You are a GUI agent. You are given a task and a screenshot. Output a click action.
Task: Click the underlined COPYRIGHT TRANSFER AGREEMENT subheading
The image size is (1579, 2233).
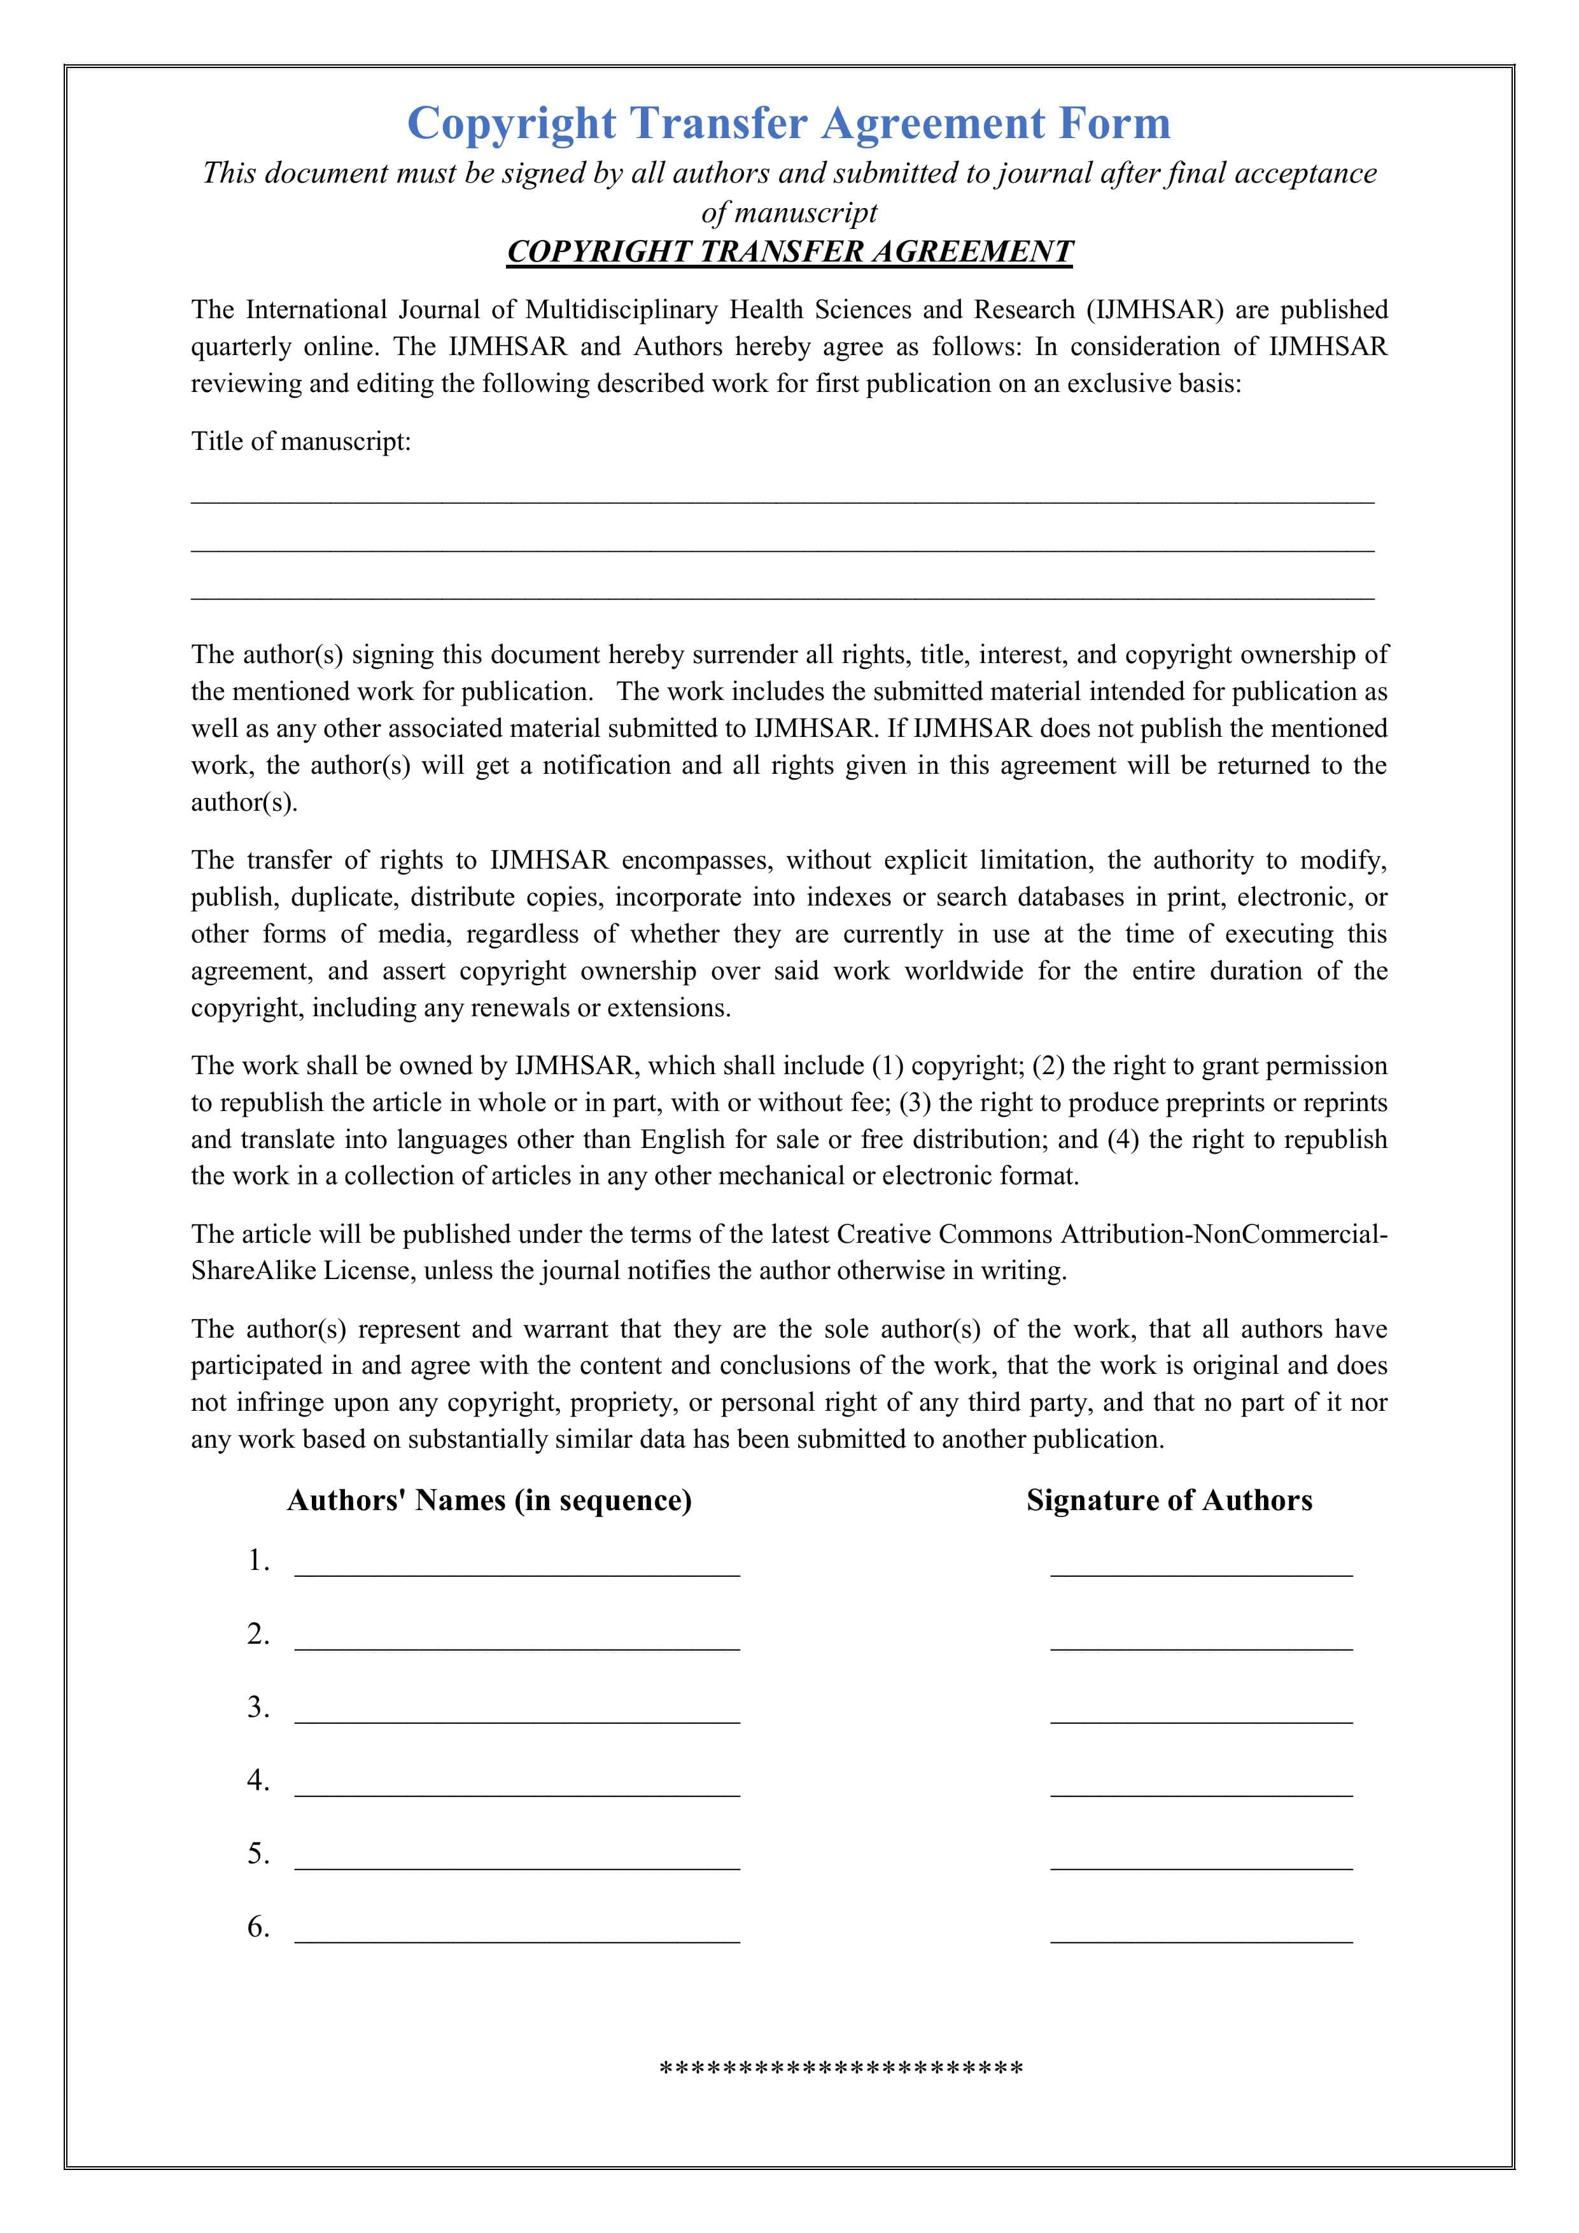coord(789,252)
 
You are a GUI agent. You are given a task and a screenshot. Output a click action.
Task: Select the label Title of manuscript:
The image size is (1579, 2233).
coord(300,442)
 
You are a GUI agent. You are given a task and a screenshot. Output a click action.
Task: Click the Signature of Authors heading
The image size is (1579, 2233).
coord(1168,1501)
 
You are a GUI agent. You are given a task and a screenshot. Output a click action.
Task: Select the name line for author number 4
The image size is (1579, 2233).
coord(517,1791)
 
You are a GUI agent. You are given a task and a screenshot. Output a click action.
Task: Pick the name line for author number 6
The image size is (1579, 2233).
coord(517,1938)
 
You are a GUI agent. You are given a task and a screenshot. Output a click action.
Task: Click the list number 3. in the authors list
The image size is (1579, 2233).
coord(258,1708)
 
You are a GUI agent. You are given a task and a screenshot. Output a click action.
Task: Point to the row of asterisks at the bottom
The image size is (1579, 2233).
coord(841,2069)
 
